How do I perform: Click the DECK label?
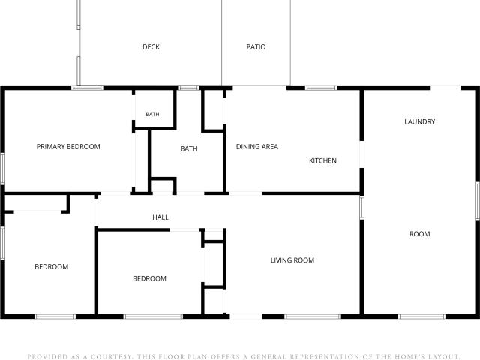pos(151,46)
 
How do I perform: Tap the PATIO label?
pos(256,46)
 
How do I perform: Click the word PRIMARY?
pos(50,147)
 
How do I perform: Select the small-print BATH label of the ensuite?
pos(152,114)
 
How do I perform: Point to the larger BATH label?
pos(189,148)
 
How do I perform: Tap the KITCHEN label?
pos(322,160)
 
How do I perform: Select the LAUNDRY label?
pos(420,121)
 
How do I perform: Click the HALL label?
pos(160,217)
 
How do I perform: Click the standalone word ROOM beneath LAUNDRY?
pos(420,234)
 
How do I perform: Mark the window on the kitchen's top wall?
pos(321,88)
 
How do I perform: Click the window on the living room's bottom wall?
pos(313,316)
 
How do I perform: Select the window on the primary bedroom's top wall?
pos(88,88)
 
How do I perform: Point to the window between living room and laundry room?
pos(361,208)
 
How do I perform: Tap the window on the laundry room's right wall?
pos(477,201)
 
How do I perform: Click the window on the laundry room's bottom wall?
pos(421,316)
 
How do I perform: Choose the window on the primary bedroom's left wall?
pos(2,169)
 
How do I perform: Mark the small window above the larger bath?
pos(188,88)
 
